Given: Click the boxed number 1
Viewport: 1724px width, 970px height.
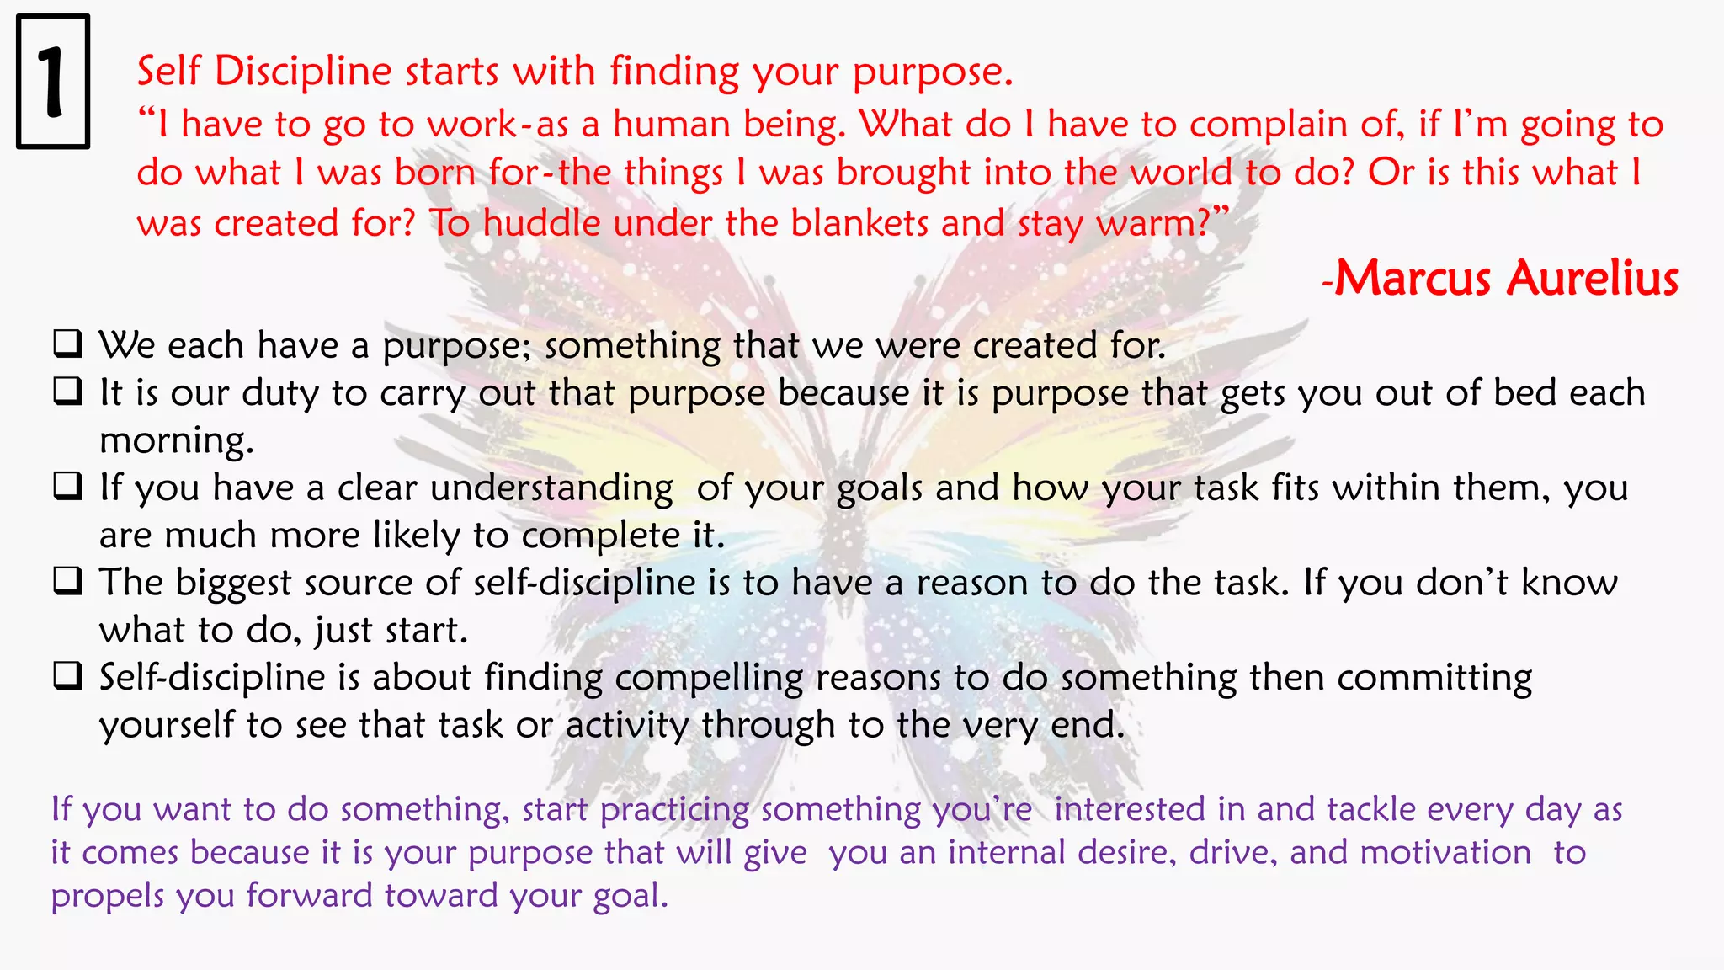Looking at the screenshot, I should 52,82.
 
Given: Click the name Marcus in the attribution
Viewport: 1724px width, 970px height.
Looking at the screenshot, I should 1413,278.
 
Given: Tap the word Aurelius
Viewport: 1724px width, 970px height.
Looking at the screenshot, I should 1593,278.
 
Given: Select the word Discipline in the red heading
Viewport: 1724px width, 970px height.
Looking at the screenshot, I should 303,71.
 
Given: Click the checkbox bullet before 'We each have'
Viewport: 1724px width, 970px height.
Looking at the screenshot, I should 68,344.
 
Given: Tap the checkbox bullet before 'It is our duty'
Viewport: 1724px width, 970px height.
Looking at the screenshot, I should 68,392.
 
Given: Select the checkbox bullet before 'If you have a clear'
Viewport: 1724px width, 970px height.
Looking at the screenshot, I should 68,486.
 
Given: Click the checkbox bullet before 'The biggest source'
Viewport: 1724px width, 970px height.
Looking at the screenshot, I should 68,581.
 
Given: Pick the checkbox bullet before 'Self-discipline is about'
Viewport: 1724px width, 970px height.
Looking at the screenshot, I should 68,676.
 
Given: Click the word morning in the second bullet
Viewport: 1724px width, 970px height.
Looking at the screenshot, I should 176,441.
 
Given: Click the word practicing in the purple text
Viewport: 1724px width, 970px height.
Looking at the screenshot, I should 674,810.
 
